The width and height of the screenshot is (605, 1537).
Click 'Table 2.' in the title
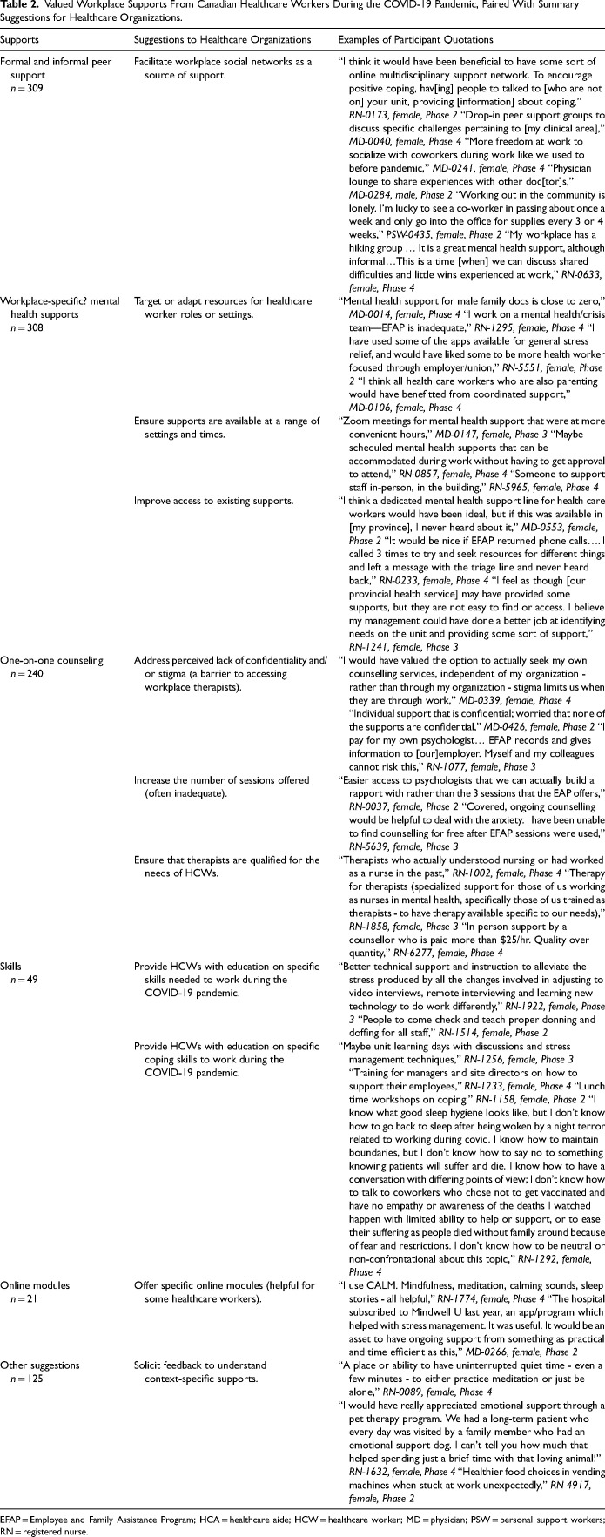[19, 5]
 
